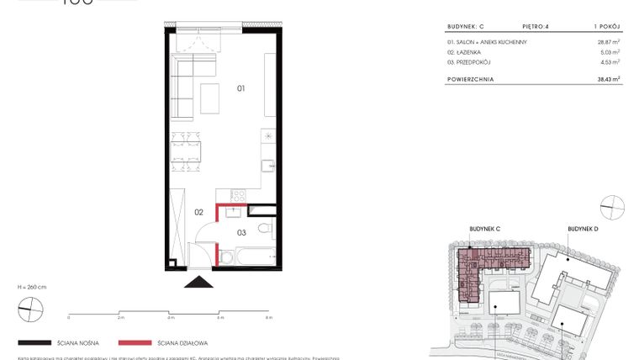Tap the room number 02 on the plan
199,212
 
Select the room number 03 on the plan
241,231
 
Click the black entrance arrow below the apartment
200,283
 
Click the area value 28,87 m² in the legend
608,41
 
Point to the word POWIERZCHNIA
471,79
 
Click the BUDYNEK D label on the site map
583,228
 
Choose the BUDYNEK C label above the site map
485,228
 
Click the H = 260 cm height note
33,288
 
